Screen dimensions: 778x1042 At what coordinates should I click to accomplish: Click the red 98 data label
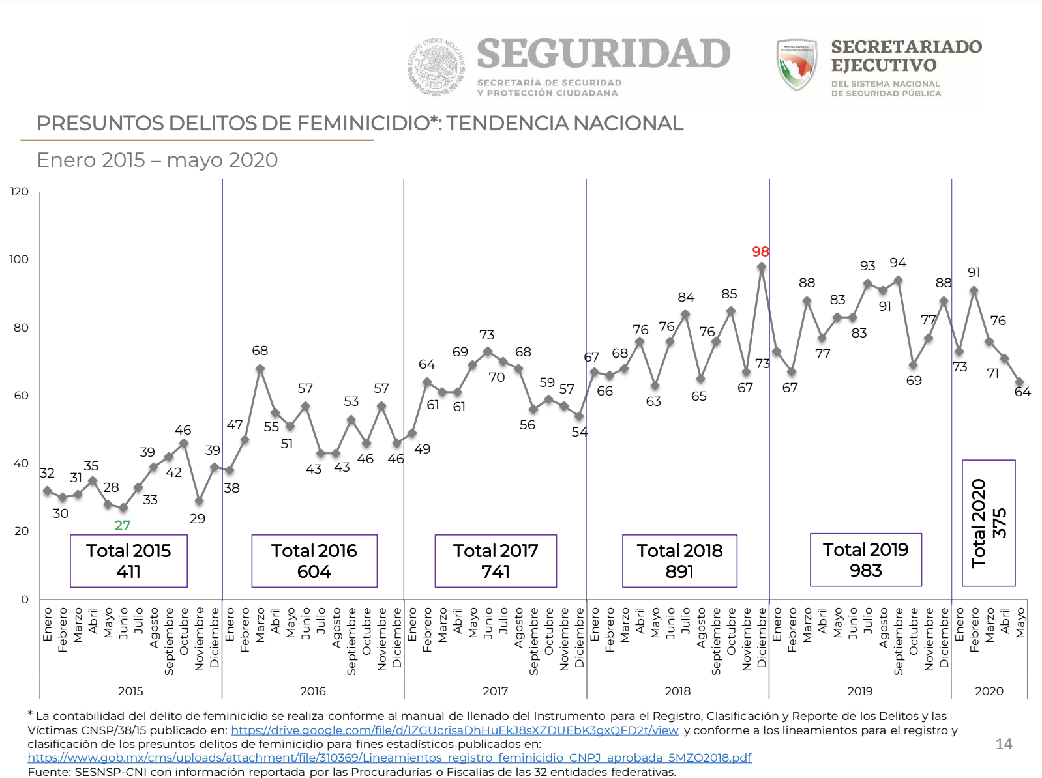tap(760, 252)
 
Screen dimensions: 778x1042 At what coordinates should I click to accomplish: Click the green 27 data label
tap(123, 525)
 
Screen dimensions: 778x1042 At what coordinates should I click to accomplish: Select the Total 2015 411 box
tap(128, 561)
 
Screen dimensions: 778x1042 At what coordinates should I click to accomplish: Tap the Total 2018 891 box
tap(679, 561)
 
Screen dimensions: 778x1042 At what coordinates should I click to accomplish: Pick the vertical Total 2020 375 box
tap(989, 523)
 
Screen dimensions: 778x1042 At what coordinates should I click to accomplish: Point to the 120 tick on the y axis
tap(20, 192)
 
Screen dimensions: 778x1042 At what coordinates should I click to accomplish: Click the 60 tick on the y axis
tap(21, 396)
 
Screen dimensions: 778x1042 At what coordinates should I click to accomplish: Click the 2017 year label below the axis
tap(495, 691)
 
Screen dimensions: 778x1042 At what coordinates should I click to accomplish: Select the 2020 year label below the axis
tap(989, 691)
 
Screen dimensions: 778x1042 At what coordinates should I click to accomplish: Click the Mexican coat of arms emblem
tap(436, 67)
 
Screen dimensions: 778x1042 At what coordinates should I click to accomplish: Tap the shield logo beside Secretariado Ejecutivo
tap(796, 65)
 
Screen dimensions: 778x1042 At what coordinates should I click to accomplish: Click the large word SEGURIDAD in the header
tap(603, 54)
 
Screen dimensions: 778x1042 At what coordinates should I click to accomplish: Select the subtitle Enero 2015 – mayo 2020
tap(157, 160)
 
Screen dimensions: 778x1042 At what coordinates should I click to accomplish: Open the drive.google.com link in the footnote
tap(454, 730)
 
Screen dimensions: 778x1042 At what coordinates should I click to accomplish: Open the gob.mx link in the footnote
tap(389, 758)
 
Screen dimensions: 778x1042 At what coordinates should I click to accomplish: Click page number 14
tap(1004, 744)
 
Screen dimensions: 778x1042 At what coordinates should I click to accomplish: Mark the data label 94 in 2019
tap(898, 263)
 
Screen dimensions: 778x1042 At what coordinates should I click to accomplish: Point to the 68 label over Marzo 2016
tap(260, 351)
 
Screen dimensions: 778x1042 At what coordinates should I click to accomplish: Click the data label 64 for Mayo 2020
tap(1022, 392)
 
